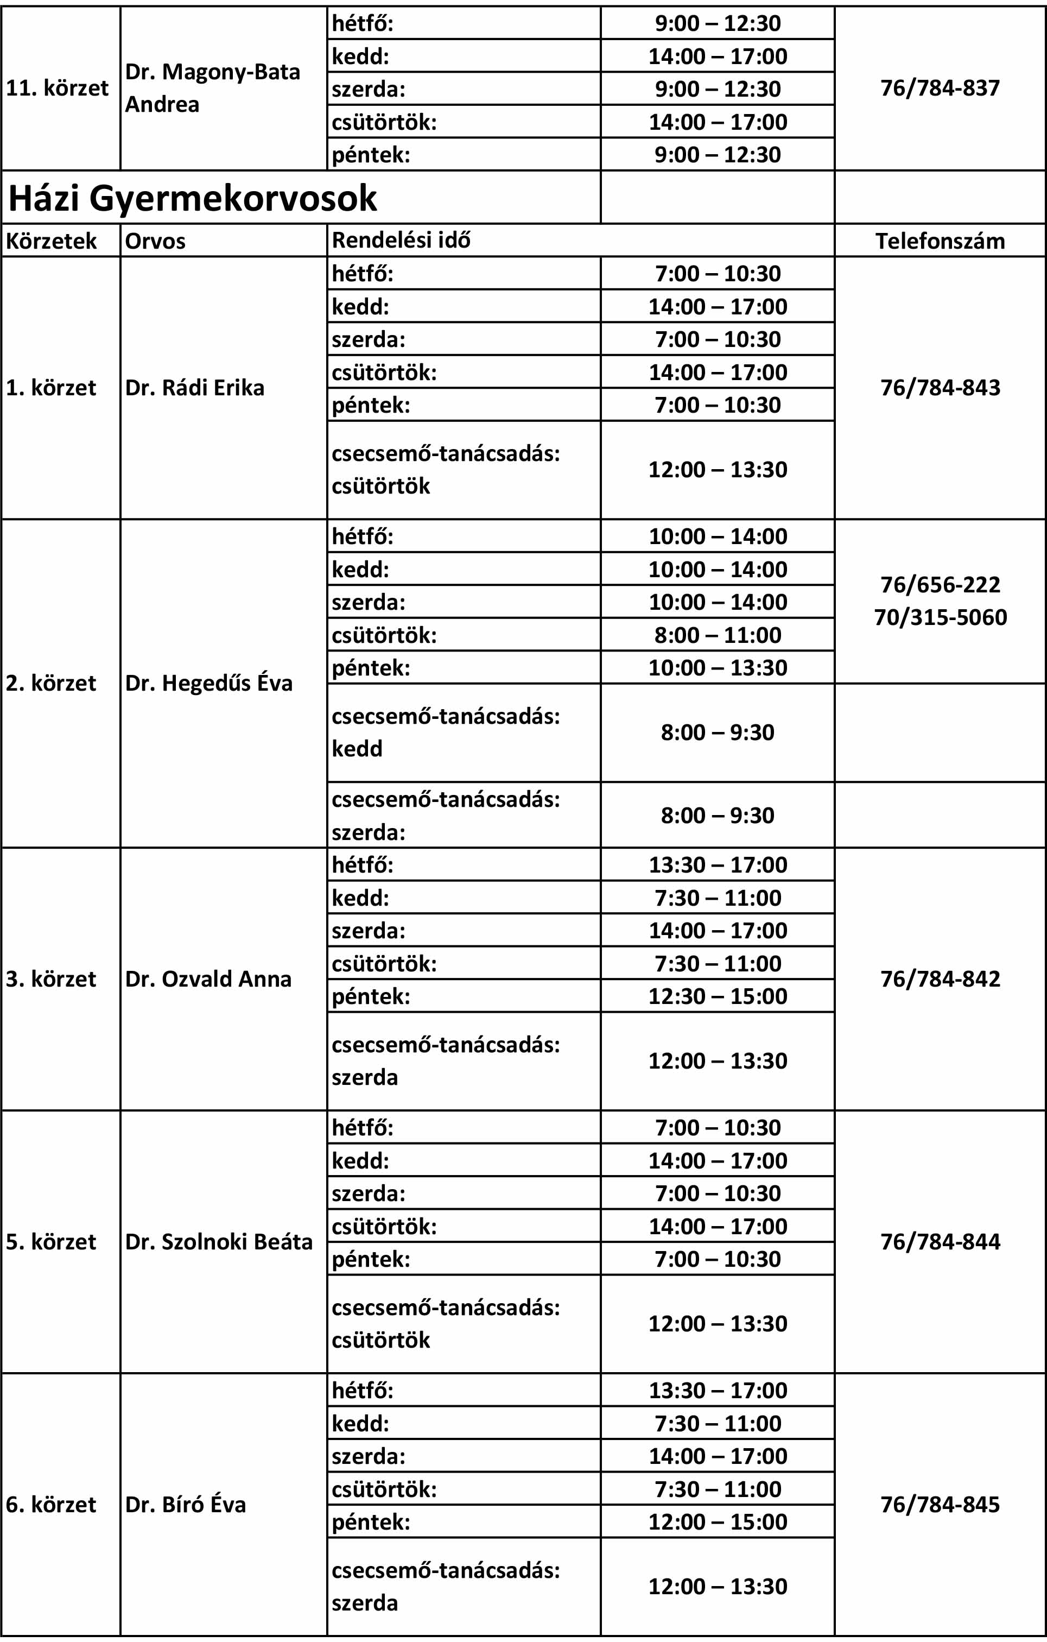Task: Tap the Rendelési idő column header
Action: pyautogui.click(x=401, y=240)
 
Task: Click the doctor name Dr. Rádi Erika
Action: pyautogui.click(x=194, y=387)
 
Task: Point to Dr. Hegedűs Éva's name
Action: pyautogui.click(x=208, y=683)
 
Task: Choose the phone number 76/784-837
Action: pyautogui.click(x=940, y=88)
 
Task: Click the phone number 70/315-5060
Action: pyautogui.click(x=940, y=617)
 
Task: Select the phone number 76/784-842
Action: pyautogui.click(x=940, y=978)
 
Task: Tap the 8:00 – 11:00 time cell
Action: pyautogui.click(x=717, y=635)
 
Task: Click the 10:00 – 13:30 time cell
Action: pyautogui.click(x=717, y=667)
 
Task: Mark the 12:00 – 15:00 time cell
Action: pyautogui.click(x=717, y=1521)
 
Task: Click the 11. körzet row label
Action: pyautogui.click(x=57, y=88)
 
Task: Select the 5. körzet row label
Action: pyautogui.click(x=51, y=1241)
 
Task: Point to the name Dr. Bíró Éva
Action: pyautogui.click(x=186, y=1504)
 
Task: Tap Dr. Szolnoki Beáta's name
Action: pyautogui.click(x=219, y=1241)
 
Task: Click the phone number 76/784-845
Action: pyautogui.click(x=940, y=1504)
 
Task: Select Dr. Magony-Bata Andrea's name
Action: pyautogui.click(x=212, y=88)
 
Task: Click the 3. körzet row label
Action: pyautogui.click(x=51, y=978)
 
